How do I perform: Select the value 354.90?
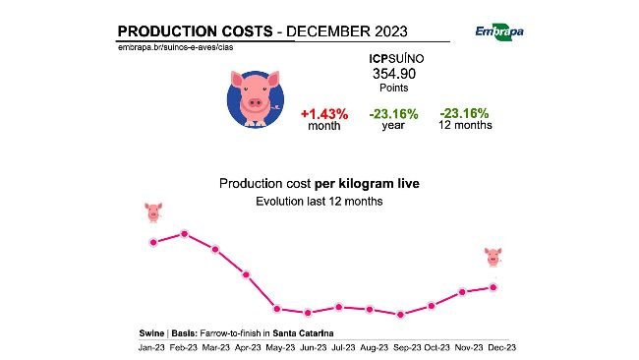click(394, 74)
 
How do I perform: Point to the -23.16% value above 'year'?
click(393, 114)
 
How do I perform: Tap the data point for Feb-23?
click(184, 233)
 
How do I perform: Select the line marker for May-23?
click(277, 309)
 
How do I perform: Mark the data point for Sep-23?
click(400, 315)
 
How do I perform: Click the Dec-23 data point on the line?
click(494, 286)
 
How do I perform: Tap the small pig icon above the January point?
click(153, 210)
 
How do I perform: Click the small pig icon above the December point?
click(494, 257)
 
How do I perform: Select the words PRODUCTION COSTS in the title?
click(195, 30)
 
